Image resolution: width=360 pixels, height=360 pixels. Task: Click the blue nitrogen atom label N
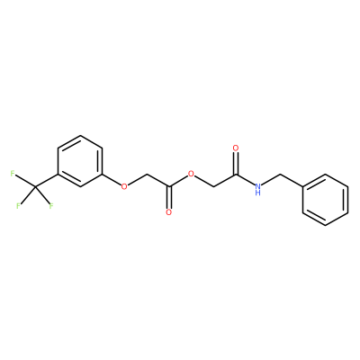point(257,186)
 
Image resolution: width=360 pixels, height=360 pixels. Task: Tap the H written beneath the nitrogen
point(257,193)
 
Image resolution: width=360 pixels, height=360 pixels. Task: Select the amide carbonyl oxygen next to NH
point(236,148)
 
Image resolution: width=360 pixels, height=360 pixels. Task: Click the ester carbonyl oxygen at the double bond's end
point(169,212)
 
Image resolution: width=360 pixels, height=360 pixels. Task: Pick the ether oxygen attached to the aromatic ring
point(124,186)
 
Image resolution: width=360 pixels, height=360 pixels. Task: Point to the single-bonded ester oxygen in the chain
point(191,174)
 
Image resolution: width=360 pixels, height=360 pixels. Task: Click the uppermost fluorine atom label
point(13,174)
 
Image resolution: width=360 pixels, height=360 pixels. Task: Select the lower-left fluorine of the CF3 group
point(19,206)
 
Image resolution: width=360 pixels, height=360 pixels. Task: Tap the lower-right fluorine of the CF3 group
point(51,206)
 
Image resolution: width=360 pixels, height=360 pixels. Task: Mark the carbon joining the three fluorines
point(35,186)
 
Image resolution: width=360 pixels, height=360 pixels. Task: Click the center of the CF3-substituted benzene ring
point(80,161)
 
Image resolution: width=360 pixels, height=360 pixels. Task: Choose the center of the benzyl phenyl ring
point(325,200)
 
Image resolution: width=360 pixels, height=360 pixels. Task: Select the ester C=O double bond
point(169,197)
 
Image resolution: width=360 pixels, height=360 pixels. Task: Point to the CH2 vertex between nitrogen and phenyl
point(281,174)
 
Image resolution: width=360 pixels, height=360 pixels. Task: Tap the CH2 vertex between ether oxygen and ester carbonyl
point(147,174)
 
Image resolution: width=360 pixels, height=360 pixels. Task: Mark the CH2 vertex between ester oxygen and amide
point(213,186)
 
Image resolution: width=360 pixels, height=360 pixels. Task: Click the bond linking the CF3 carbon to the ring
point(46,180)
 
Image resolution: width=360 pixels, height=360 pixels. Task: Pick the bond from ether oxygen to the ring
point(111,179)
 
